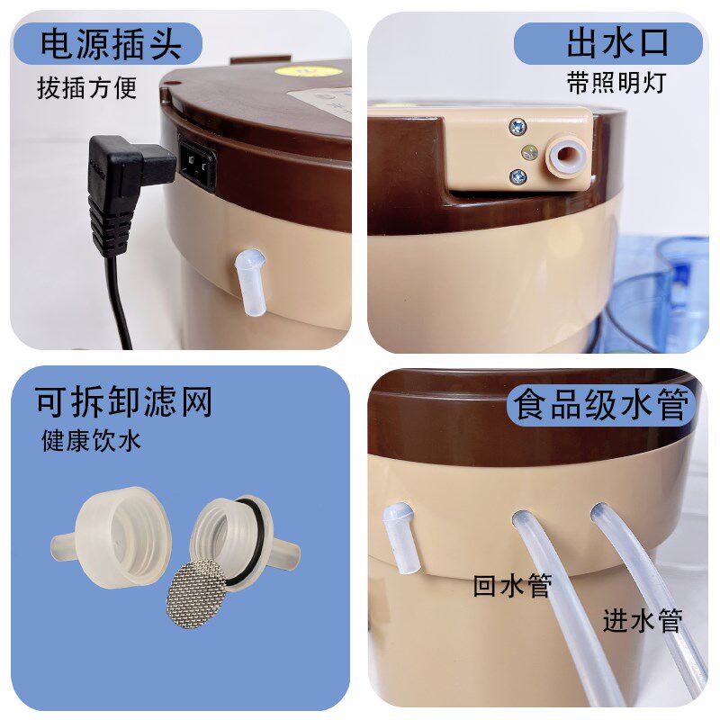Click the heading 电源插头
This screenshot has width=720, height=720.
coord(111,44)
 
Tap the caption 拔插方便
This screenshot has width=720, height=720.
coord(86,89)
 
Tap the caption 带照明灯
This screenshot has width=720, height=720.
coord(616,82)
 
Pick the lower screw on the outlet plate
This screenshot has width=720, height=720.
coord(517,177)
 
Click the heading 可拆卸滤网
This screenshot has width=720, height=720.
coord(124,402)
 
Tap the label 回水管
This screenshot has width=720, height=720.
coord(512,586)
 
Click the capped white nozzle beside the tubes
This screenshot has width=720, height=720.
coord(398,538)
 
